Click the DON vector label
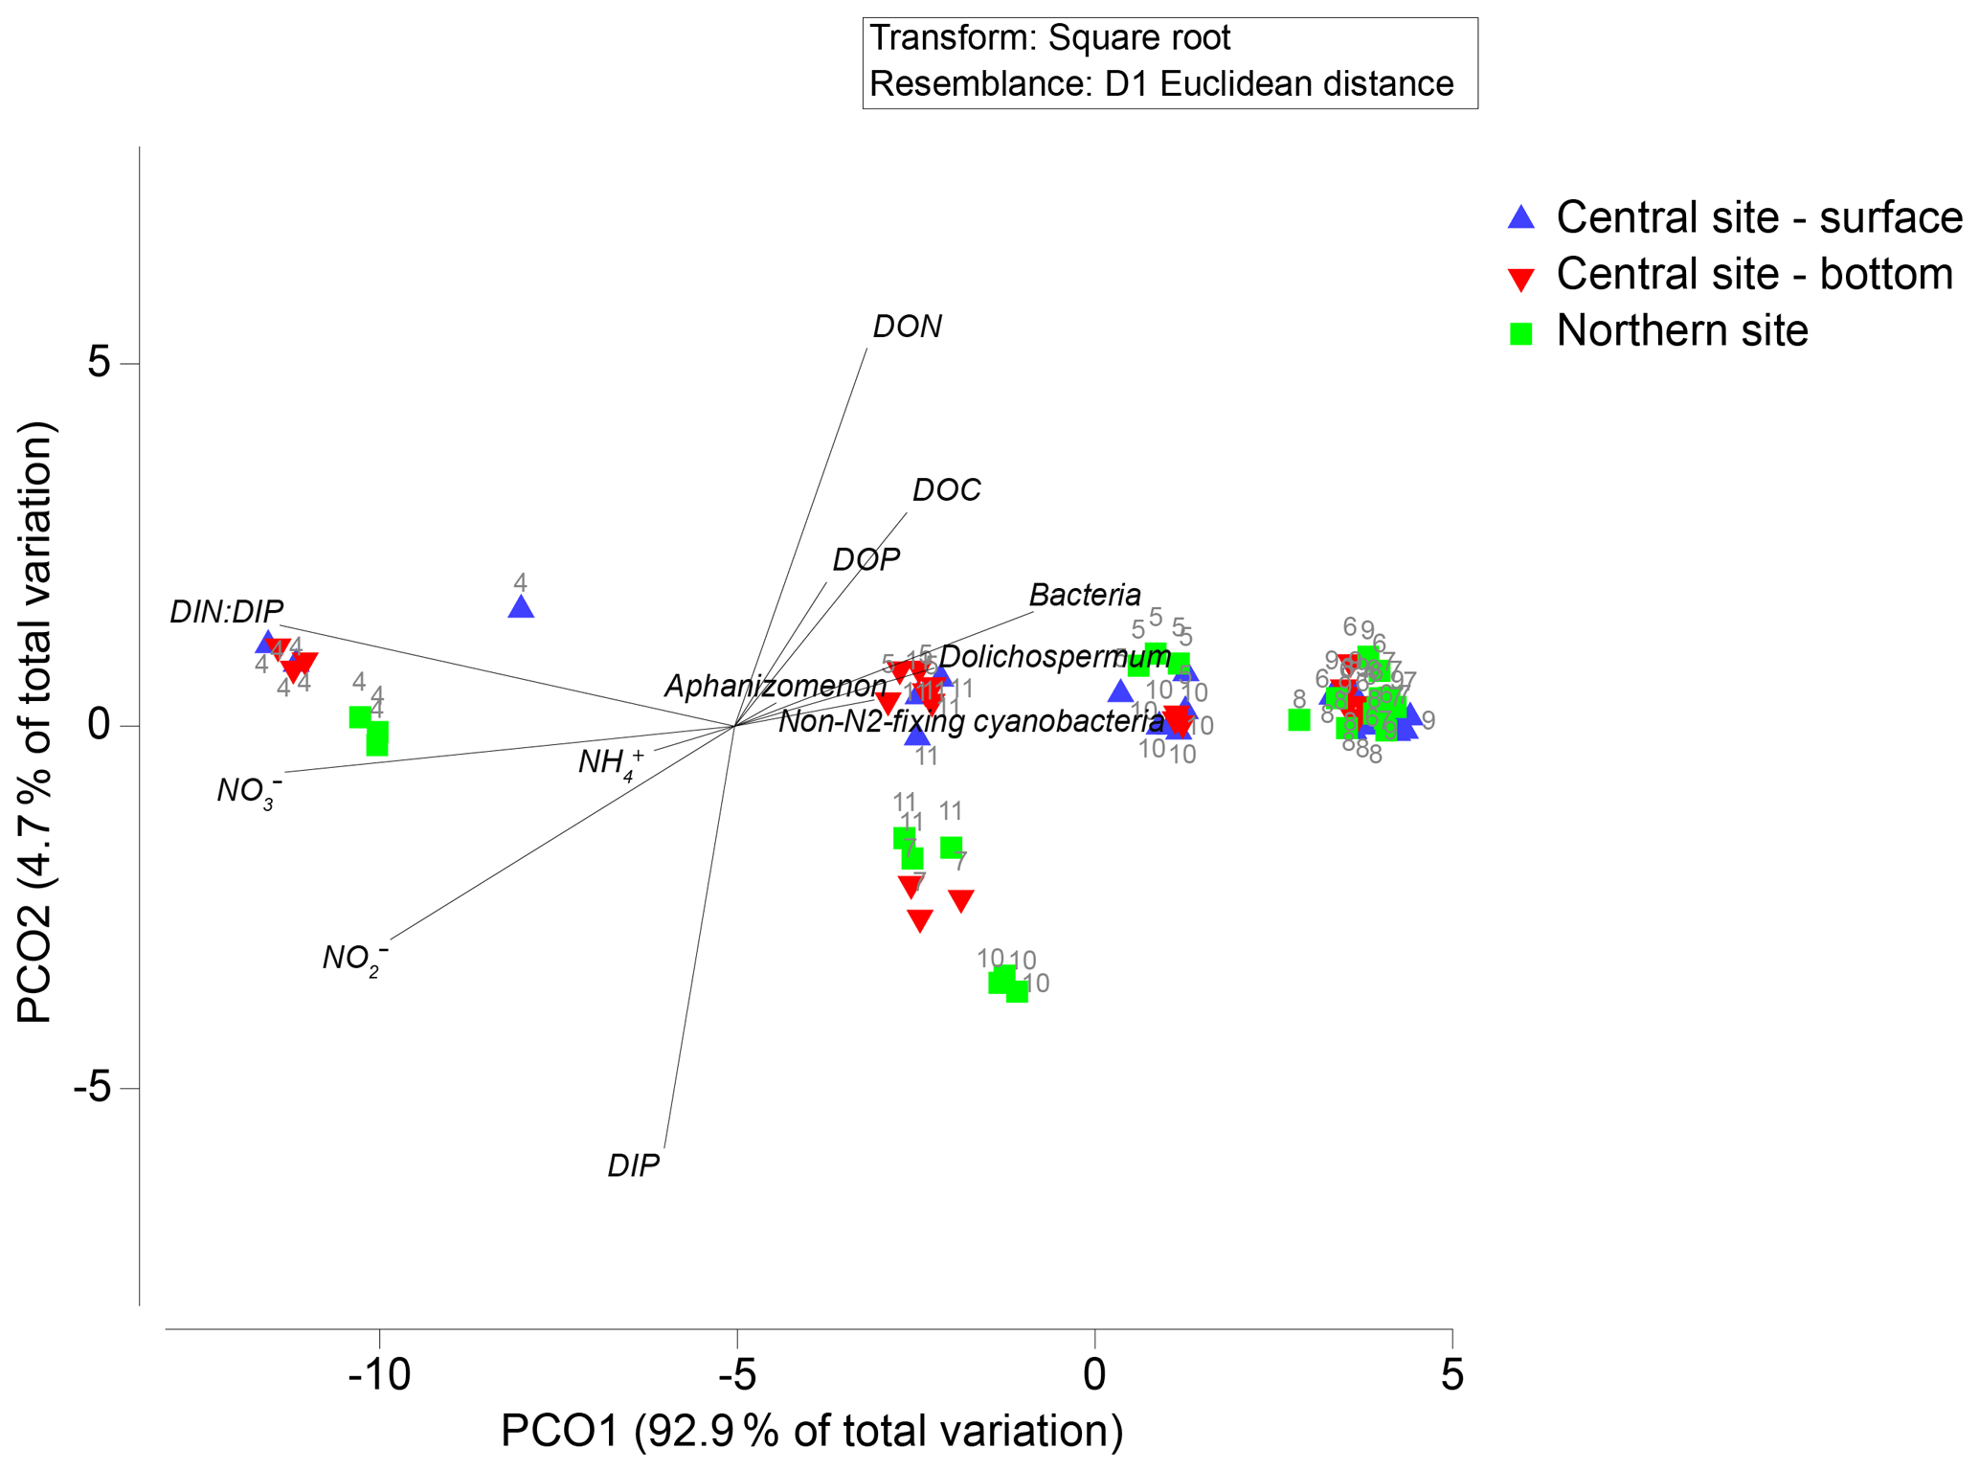[x=907, y=328]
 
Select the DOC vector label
[x=946, y=490]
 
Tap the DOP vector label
[x=866, y=559]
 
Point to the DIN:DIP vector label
[x=226, y=612]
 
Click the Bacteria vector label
[x=1085, y=596]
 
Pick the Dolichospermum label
[x=1054, y=658]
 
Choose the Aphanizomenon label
[x=776, y=687]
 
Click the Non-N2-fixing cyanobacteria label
[x=971, y=721]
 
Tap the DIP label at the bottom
[x=633, y=1166]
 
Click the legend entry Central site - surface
[x=1758, y=218]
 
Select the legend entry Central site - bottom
[x=1753, y=275]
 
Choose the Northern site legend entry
[x=1681, y=331]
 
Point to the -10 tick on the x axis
[x=379, y=1375]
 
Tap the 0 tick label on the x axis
[x=1094, y=1375]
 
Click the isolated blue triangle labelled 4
[x=521, y=607]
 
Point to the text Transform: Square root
[x=1049, y=39]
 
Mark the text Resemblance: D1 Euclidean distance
[x=1160, y=84]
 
